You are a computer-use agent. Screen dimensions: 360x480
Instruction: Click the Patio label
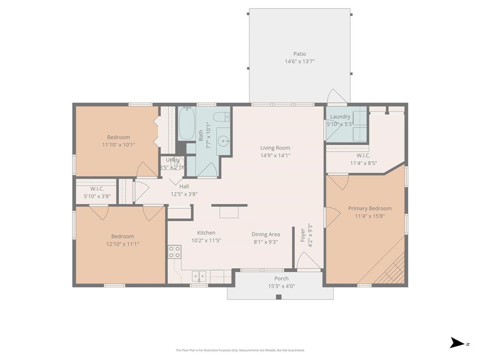[300, 54]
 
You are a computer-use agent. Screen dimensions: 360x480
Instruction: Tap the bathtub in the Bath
[187, 124]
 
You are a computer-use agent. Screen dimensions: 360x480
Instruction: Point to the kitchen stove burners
[175, 252]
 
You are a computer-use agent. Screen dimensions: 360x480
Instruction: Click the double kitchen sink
[199, 276]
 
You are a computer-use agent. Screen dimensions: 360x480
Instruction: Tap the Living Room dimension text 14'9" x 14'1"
[275, 155]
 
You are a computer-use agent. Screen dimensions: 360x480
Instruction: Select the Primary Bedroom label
[369, 209]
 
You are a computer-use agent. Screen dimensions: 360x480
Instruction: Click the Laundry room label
[340, 117]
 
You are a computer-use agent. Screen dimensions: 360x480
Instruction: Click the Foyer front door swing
[307, 262]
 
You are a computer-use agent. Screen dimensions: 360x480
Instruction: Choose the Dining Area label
[266, 234]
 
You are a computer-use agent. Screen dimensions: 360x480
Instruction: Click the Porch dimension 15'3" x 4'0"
[281, 286]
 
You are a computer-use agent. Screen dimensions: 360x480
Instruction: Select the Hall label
[184, 187]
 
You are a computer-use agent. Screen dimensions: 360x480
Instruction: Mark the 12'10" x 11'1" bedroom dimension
[122, 244]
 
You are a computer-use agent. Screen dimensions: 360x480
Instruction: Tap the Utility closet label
[173, 160]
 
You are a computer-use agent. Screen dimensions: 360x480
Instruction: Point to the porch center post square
[278, 297]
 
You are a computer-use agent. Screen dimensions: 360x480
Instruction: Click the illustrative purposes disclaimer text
[240, 350]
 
